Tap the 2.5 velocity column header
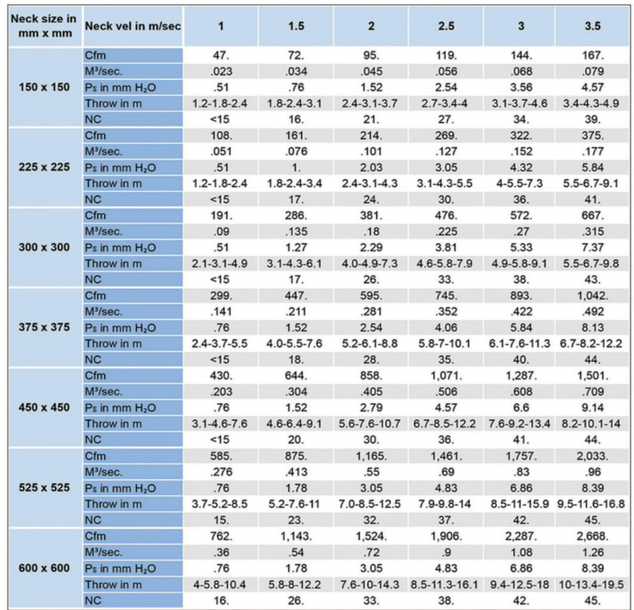(446, 26)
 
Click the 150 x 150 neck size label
(43, 86)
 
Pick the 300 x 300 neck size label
(43, 247)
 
